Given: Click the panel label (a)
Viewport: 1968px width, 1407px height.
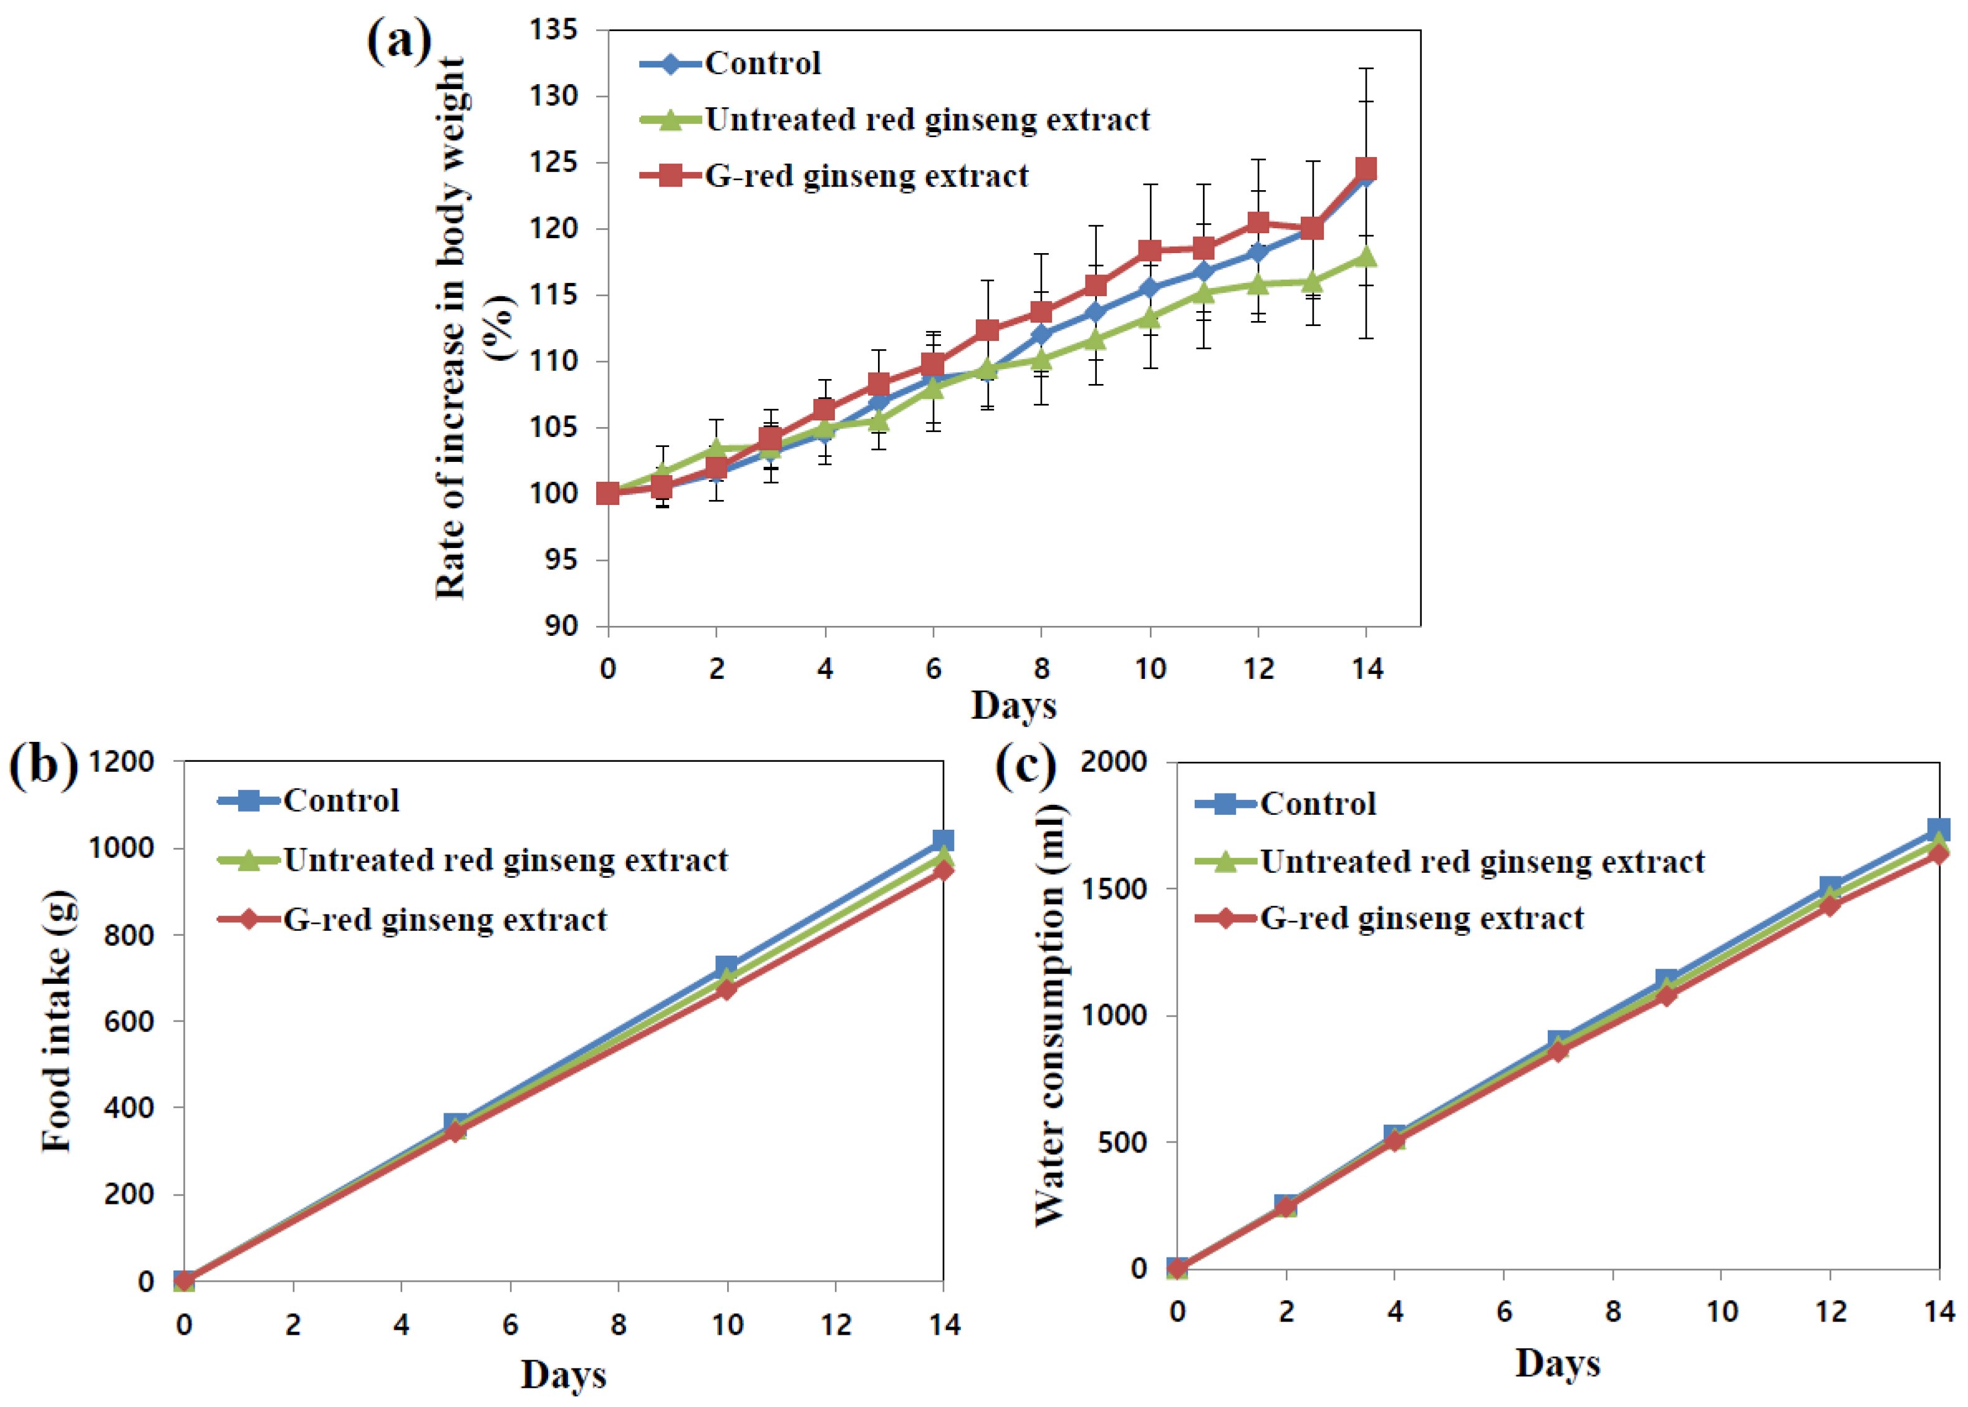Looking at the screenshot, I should tap(398, 41).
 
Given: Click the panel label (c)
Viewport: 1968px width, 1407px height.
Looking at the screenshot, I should tap(1025, 766).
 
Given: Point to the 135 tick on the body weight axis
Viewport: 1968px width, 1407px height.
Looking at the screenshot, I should tap(554, 31).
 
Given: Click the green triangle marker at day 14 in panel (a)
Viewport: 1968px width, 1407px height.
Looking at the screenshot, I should tap(1366, 256).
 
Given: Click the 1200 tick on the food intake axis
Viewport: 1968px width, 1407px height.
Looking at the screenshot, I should tap(122, 762).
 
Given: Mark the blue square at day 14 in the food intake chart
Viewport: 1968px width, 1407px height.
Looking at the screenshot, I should tap(943, 840).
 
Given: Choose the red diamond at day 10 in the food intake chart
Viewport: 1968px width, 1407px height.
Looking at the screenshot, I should tap(726, 989).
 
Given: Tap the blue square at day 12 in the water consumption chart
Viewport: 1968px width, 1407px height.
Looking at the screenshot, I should tap(1830, 886).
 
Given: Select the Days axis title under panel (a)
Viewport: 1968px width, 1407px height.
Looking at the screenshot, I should tap(1013, 705).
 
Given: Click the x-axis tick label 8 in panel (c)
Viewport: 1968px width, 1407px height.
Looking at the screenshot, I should tap(1612, 1312).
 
